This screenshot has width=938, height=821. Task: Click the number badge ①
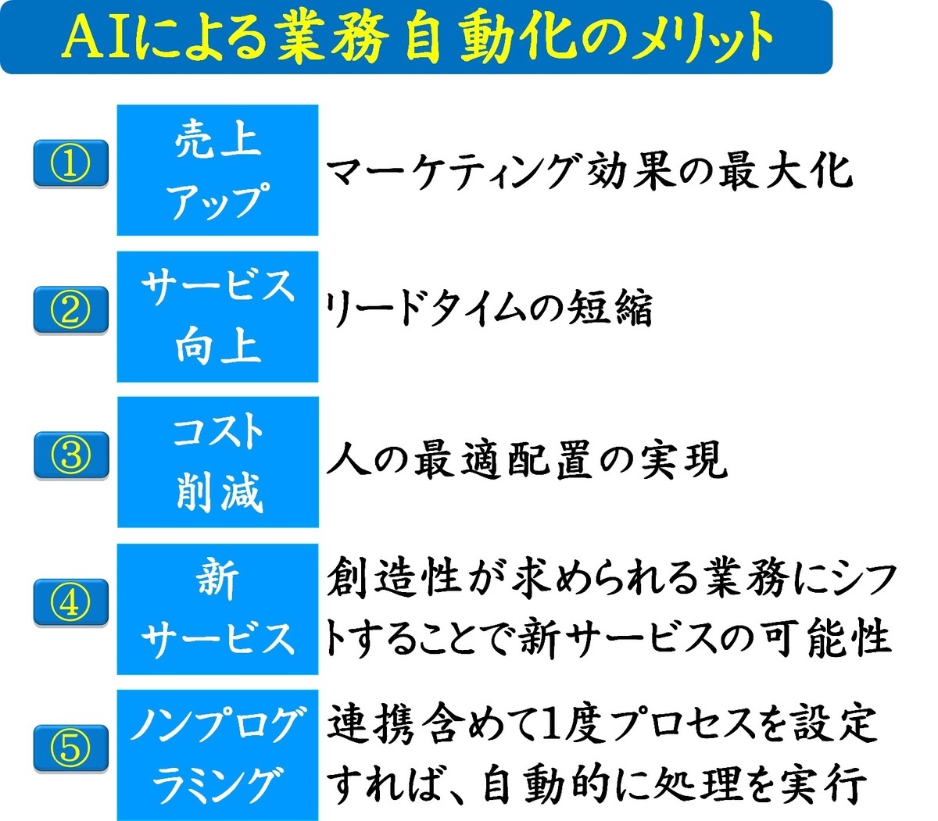pyautogui.click(x=70, y=163)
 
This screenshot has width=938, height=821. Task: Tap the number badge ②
pyautogui.click(x=70, y=309)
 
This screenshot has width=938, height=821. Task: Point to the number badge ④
pyautogui.click(x=70, y=602)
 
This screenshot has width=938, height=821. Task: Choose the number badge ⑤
pyautogui.click(x=70, y=748)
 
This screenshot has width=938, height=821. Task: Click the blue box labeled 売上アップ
pyautogui.click(x=217, y=170)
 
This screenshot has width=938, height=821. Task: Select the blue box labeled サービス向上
pyautogui.click(x=217, y=316)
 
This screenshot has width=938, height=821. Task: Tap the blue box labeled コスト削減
pyautogui.click(x=218, y=462)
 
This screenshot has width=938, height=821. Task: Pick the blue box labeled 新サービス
pyautogui.click(x=217, y=609)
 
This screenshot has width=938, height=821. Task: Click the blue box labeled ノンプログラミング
pyautogui.click(x=217, y=755)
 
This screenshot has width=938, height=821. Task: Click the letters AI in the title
pyautogui.click(x=95, y=37)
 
